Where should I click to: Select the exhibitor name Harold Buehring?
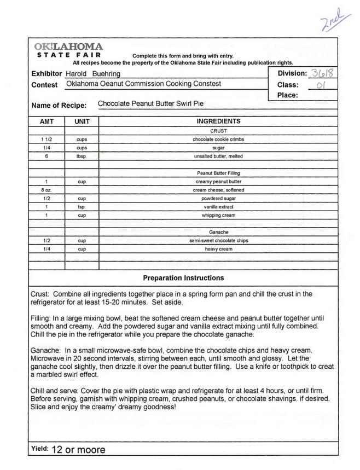(92, 74)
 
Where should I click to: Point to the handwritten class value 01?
(323, 85)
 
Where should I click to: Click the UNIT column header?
(82, 121)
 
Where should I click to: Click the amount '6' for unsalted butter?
(47, 156)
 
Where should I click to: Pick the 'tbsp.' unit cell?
(82, 156)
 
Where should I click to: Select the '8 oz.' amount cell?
(47, 189)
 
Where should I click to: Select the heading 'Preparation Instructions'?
(183, 278)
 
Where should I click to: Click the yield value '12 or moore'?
(78, 450)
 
